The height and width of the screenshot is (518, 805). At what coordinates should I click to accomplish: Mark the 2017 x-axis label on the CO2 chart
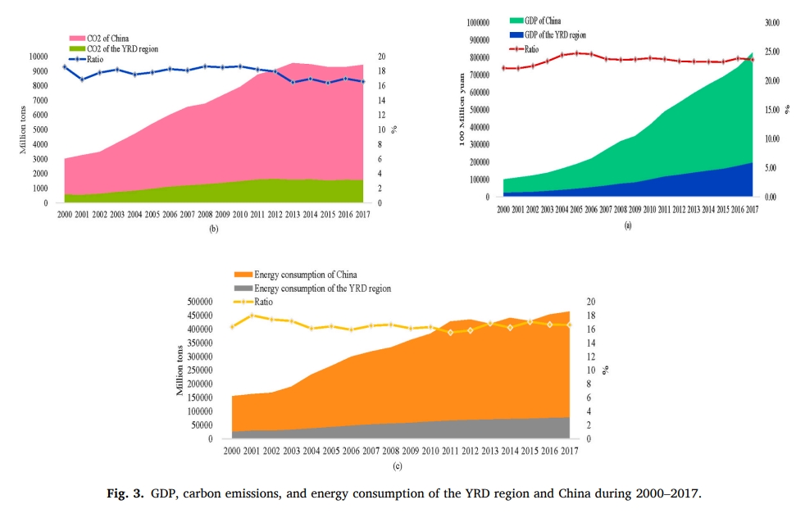point(362,216)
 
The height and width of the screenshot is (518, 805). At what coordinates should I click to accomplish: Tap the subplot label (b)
point(213,229)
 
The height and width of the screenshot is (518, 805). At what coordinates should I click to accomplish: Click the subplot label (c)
point(397,466)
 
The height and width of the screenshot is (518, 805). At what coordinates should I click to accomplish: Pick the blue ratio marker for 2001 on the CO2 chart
point(82,80)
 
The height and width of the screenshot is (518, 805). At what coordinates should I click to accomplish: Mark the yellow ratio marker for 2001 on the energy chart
point(252,315)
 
